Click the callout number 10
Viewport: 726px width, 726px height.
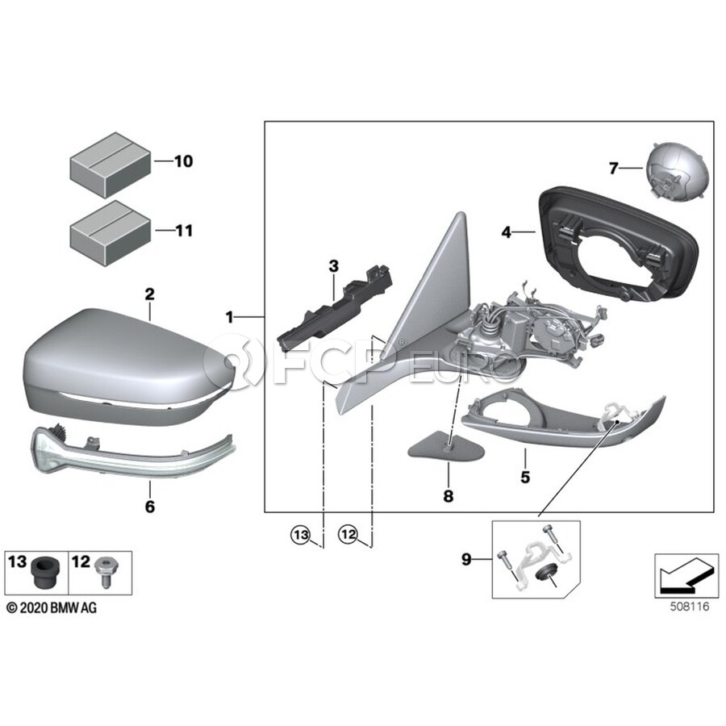(x=183, y=161)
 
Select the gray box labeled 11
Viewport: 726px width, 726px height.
(x=111, y=234)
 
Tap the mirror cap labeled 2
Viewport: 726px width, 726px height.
(x=125, y=365)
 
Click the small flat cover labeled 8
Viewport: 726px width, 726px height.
(x=445, y=447)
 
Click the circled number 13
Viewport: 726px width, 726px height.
(x=301, y=536)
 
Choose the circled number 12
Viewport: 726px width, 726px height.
(x=348, y=535)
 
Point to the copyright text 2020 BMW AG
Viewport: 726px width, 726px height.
(x=52, y=608)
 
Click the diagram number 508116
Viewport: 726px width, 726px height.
(x=690, y=607)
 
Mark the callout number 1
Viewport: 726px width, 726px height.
(x=229, y=318)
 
